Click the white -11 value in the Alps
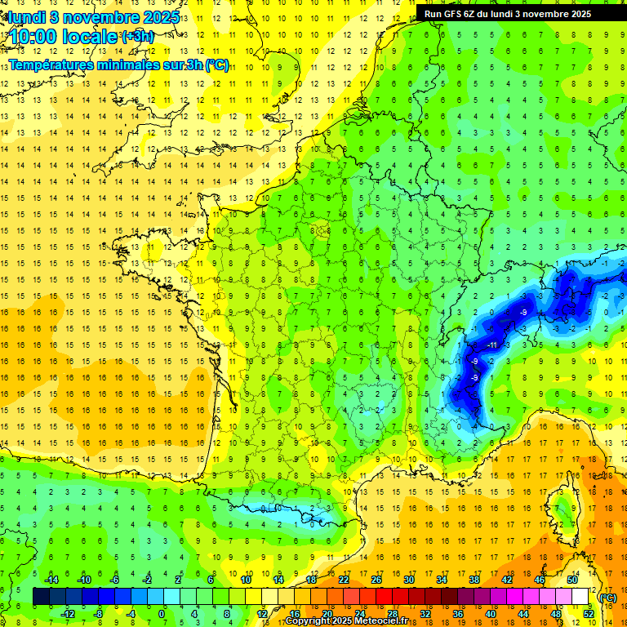click(492, 345)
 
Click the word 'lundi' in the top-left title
click(27, 16)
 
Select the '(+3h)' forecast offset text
click(136, 37)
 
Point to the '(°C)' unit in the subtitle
click(216, 64)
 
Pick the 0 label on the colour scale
click(161, 614)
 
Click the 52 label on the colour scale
click(588, 614)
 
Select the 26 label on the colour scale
click(376, 580)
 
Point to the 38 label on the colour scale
click(474, 580)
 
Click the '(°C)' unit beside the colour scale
click(607, 598)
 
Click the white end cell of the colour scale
click(580, 597)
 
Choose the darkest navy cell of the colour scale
click(41, 597)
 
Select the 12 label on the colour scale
click(261, 614)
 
